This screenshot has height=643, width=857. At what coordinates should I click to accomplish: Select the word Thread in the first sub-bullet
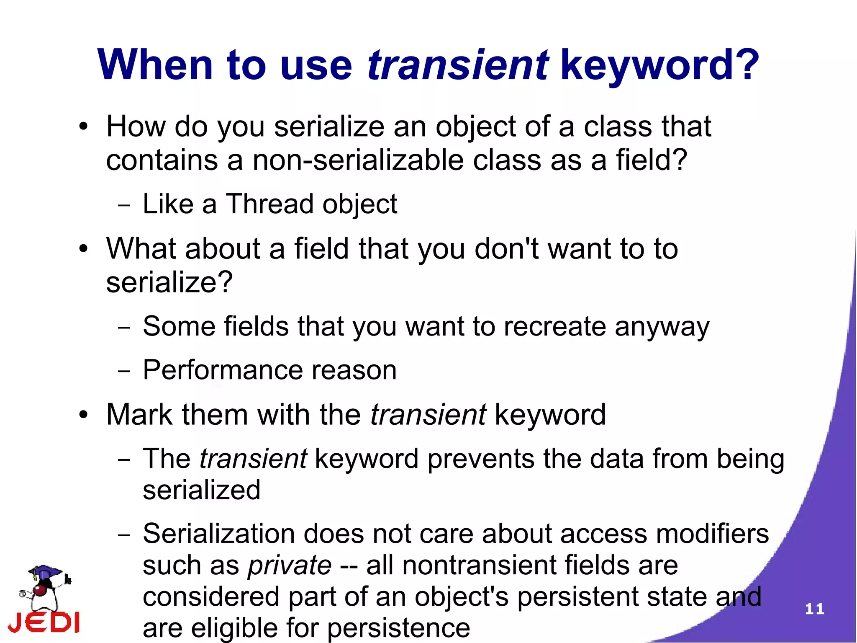[269, 204]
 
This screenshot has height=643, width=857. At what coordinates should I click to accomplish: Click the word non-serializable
[358, 160]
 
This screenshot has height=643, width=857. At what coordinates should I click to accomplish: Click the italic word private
[290, 565]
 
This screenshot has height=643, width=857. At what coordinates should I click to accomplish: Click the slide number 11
[814, 609]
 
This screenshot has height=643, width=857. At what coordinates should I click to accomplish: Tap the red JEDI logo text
[44, 623]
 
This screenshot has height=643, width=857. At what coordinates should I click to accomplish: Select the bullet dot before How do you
[84, 127]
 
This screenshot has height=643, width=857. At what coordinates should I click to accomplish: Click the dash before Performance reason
[124, 371]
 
